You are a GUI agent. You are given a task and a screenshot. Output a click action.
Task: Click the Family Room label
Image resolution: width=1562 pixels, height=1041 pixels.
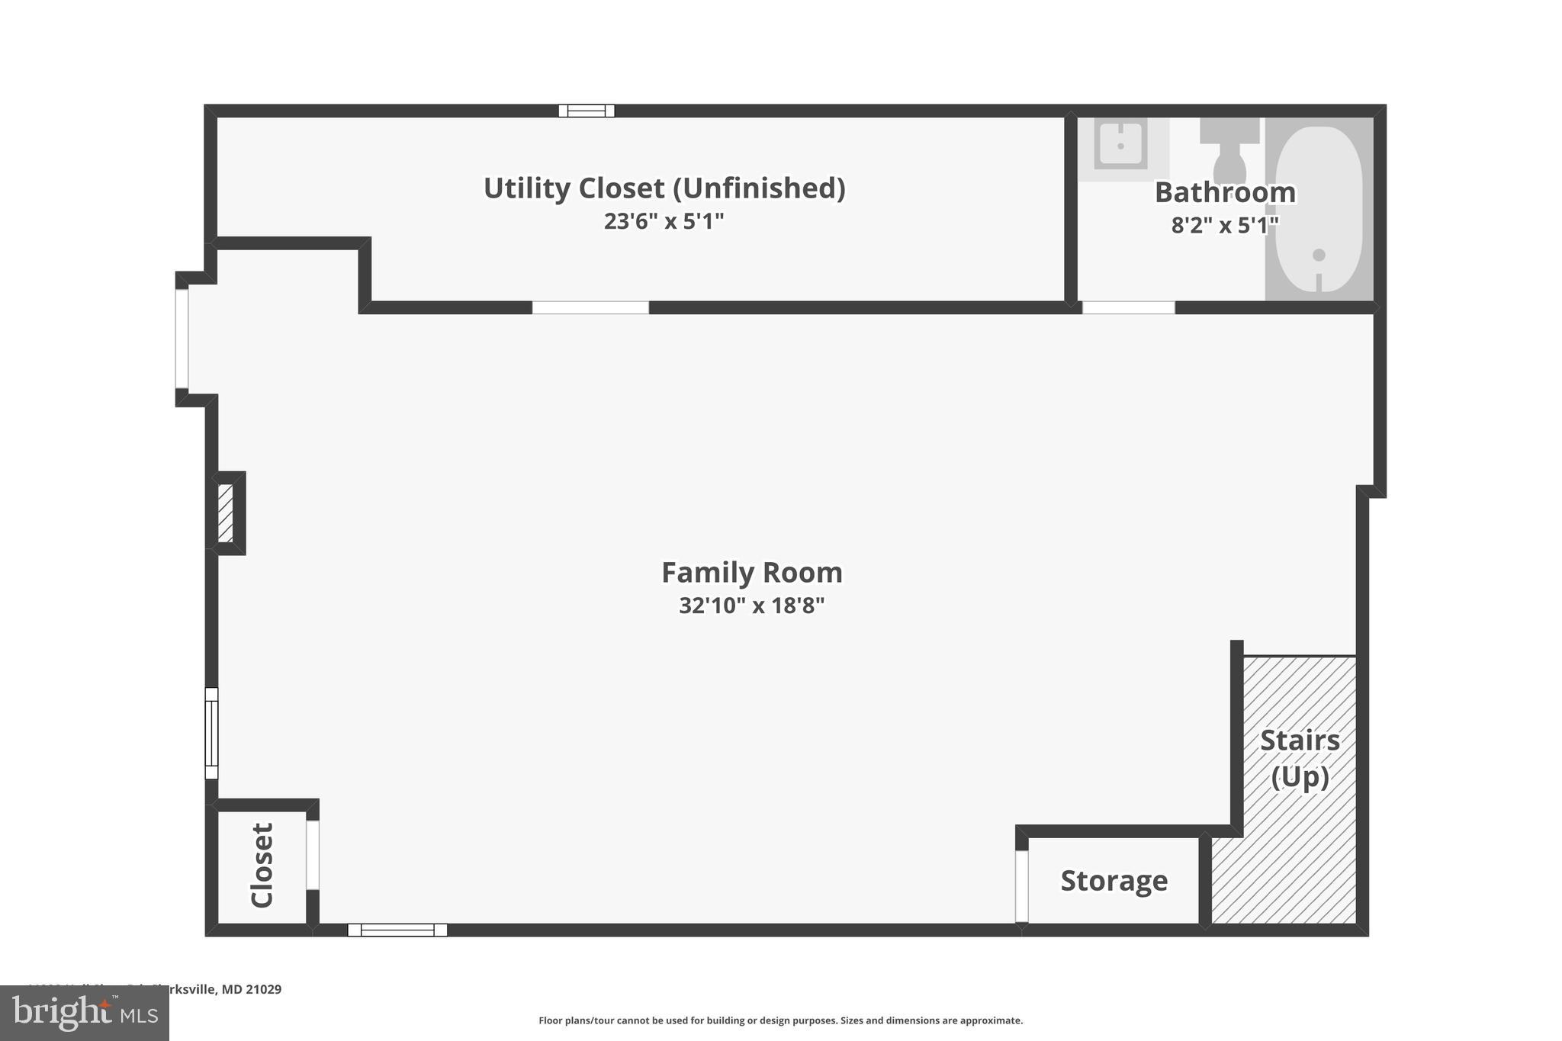(x=751, y=573)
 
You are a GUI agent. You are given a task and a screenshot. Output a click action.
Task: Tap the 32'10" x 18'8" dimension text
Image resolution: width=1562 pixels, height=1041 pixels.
(x=751, y=606)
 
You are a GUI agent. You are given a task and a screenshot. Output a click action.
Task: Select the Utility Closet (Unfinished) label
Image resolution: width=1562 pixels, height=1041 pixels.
(x=664, y=188)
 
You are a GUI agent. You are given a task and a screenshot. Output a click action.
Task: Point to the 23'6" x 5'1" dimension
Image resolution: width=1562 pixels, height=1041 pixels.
(x=664, y=221)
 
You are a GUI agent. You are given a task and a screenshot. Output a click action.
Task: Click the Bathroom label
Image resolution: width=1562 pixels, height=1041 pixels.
(x=1225, y=192)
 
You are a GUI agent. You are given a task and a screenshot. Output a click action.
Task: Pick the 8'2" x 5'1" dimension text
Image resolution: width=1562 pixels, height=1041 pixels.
(x=1225, y=226)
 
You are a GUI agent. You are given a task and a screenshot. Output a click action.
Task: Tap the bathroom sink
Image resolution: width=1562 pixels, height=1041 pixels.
(x=1120, y=144)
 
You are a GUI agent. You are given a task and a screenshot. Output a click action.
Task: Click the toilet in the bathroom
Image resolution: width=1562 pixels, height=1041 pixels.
(x=1229, y=153)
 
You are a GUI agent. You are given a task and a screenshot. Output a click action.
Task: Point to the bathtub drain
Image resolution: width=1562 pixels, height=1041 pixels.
(x=1319, y=255)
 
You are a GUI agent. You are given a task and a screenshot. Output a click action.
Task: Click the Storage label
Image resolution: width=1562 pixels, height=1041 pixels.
(x=1114, y=881)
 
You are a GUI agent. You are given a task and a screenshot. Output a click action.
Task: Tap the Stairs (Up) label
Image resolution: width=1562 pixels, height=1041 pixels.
(x=1300, y=758)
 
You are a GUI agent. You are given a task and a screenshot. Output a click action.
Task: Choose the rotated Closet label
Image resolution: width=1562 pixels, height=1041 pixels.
(x=262, y=865)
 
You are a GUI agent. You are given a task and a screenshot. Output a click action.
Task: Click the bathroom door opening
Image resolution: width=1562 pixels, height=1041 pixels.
(x=1128, y=308)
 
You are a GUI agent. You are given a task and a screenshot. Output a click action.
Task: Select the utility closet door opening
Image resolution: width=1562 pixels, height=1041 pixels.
(x=590, y=308)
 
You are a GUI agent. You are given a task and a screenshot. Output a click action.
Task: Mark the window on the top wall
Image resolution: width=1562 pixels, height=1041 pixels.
(x=587, y=111)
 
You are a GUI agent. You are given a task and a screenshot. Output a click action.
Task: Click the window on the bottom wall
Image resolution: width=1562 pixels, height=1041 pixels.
(x=397, y=930)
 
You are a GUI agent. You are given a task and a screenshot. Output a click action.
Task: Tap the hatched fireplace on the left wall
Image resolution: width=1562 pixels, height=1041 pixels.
(x=226, y=513)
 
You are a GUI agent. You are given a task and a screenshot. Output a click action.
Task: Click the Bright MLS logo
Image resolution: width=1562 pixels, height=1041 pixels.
(x=85, y=1013)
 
